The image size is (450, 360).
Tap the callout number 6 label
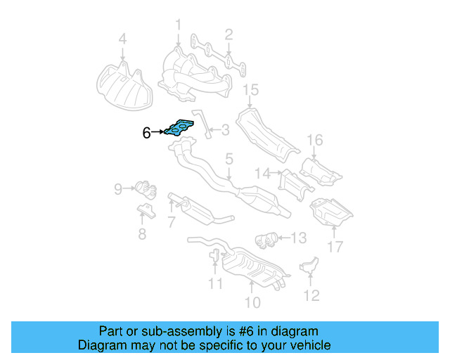point(146,132)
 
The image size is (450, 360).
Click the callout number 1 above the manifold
point(178,26)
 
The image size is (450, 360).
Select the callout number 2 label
point(229,33)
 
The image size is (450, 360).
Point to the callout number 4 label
point(122,39)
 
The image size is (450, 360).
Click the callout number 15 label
point(251,89)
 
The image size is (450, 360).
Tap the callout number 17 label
point(335,246)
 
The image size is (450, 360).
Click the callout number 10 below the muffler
point(252,302)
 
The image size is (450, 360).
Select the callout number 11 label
point(215,283)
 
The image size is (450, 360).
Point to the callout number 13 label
point(299,238)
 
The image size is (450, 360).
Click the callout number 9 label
point(118,188)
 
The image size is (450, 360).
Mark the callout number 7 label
point(171,223)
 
